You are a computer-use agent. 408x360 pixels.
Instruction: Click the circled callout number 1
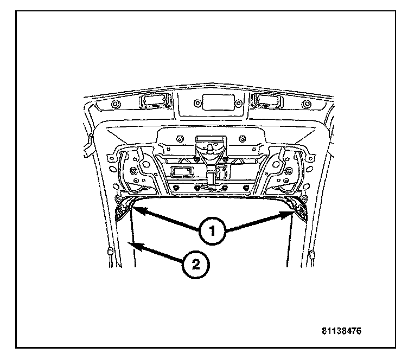click(211, 230)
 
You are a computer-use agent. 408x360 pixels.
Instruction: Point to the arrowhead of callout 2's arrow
click(132, 246)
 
